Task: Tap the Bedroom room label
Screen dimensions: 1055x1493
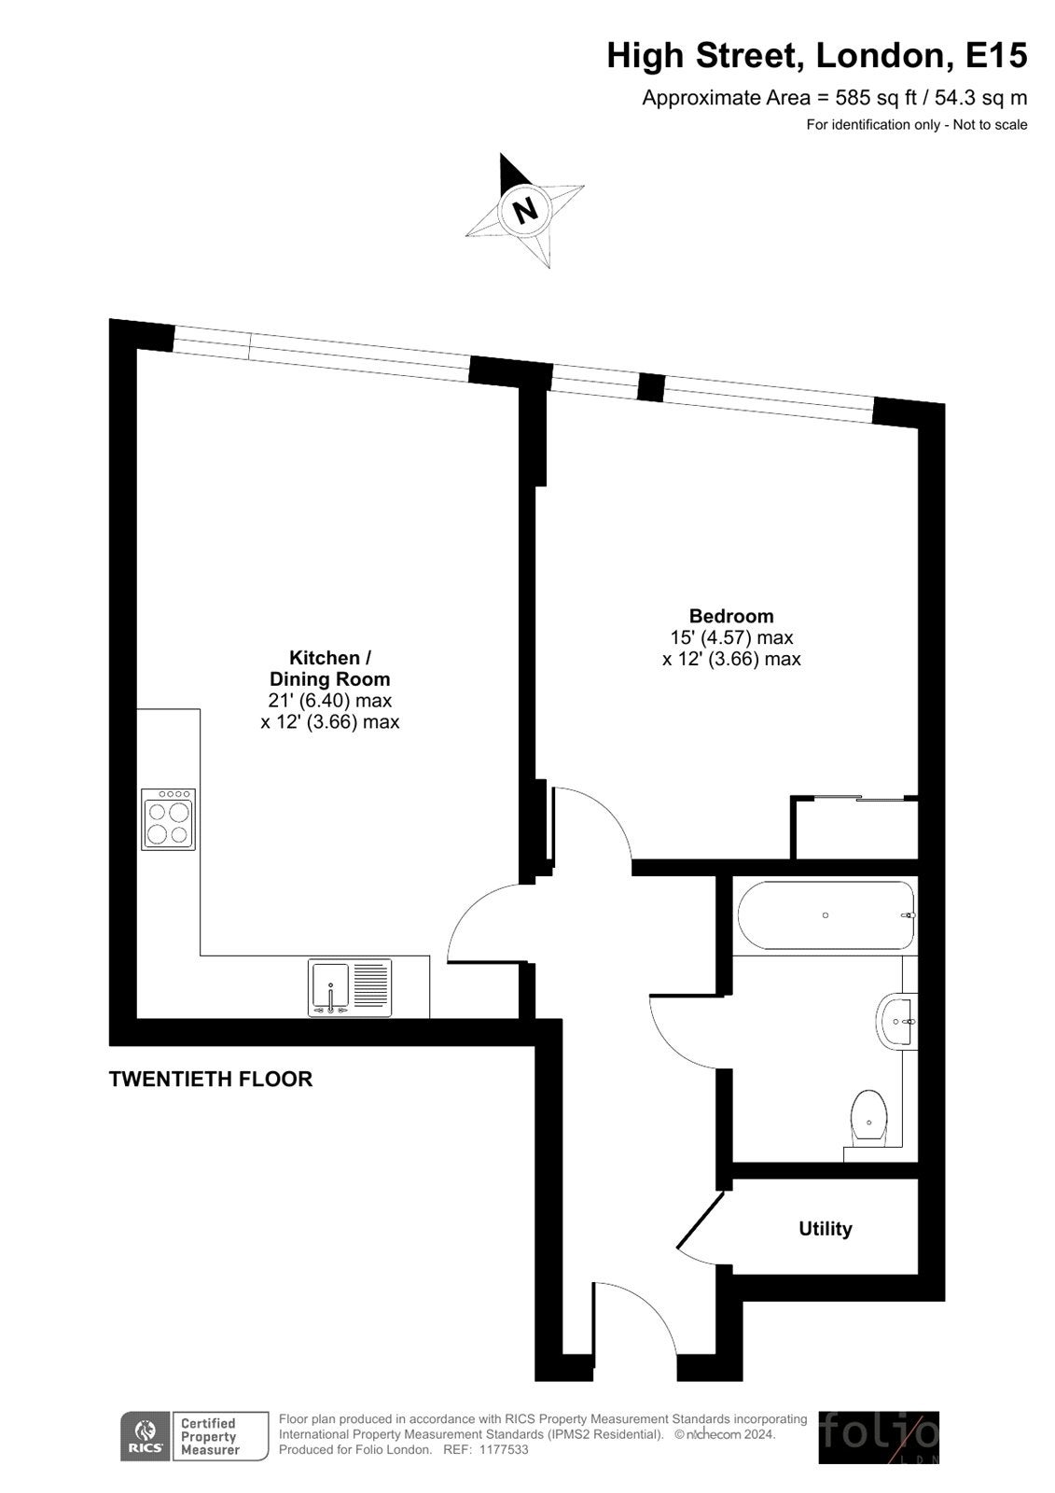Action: click(x=731, y=616)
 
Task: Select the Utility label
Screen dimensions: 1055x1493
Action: click(x=826, y=1228)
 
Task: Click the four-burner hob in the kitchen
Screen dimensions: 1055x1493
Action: click(x=168, y=819)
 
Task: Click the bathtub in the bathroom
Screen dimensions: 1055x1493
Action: click(x=826, y=915)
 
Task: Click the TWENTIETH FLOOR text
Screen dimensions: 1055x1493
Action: click(x=211, y=1079)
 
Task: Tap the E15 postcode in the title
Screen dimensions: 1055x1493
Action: click(x=995, y=55)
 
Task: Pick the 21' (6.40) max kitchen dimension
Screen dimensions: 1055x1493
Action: click(x=330, y=701)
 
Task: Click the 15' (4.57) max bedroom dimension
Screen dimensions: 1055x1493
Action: click(x=731, y=637)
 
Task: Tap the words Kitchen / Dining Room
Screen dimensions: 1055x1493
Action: click(x=330, y=668)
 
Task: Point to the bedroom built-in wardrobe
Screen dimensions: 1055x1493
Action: click(x=854, y=827)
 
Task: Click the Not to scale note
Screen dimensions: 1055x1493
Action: click(x=990, y=125)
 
